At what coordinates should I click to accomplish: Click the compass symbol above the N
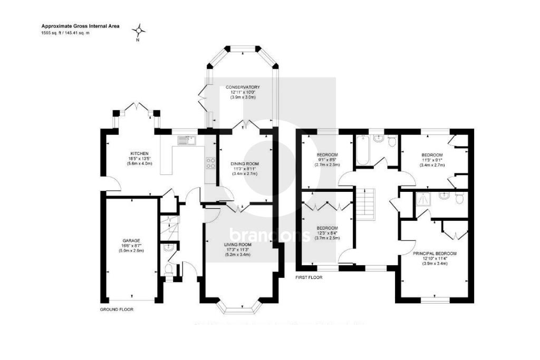pos(138,30)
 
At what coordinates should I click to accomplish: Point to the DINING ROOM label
pos(245,164)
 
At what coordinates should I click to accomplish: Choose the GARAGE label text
pos(131,240)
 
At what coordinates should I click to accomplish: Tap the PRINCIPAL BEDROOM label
pos(435,254)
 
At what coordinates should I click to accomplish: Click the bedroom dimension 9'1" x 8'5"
pos(327,159)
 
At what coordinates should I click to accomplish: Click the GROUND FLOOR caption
pos(117,310)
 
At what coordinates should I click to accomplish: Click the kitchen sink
pos(186,140)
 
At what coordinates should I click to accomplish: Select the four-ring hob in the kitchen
pos(210,163)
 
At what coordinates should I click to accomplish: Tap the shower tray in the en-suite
pos(423,199)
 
